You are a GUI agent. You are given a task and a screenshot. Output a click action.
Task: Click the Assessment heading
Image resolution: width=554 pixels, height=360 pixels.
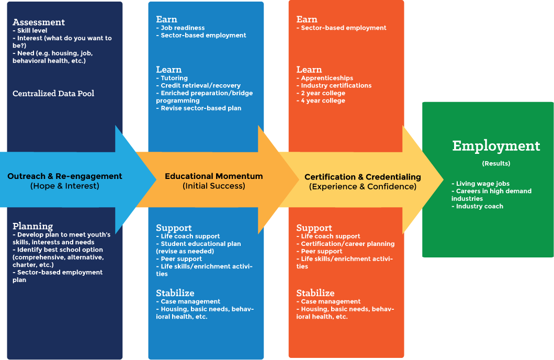pos(39,22)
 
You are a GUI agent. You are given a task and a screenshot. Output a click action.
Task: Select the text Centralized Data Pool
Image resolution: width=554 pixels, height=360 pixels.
pos(53,93)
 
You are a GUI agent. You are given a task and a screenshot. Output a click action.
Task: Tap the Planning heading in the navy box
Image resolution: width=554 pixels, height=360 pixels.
pos(32,226)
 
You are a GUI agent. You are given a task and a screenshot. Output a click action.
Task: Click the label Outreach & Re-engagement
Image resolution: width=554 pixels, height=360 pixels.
pos(65,176)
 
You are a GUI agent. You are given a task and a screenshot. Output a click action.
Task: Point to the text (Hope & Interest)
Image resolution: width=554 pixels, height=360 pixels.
pos(65,186)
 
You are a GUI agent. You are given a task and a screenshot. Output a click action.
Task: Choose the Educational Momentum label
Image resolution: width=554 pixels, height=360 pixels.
pos(214,176)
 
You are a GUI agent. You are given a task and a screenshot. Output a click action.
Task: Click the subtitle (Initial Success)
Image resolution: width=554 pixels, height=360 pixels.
pos(214,186)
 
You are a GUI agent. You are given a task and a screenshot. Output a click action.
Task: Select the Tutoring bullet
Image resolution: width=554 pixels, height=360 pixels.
pos(172,78)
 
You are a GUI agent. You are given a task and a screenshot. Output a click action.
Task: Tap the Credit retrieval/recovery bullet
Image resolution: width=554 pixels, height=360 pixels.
pos(199,85)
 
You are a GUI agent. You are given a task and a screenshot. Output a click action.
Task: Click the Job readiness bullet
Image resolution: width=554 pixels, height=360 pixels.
pos(180,28)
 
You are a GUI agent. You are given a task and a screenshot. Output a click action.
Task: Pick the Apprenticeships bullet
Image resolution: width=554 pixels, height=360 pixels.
pos(325,78)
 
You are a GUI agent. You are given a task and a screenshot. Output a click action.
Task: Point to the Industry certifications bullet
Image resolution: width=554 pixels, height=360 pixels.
pos(334,85)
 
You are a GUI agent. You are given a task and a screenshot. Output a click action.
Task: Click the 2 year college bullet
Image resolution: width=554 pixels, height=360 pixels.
pos(321,93)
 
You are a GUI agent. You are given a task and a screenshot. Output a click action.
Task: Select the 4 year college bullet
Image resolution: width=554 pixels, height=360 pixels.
pos(321,100)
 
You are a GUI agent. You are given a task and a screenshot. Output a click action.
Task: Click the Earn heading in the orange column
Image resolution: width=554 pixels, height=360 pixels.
pos(307,19)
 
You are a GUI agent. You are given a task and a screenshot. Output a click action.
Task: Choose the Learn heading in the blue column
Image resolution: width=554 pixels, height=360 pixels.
pos(168,70)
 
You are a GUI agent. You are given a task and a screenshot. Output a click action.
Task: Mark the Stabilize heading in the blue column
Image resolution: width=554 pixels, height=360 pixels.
pos(175,292)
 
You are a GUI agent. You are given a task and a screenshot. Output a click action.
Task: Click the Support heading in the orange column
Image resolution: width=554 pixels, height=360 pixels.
pos(314,228)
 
